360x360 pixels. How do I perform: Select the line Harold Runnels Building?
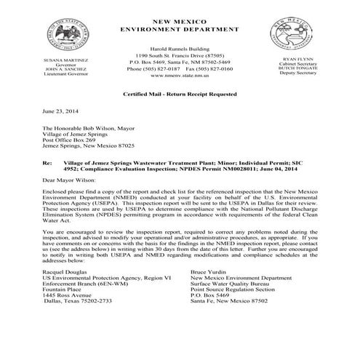click(180, 47)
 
